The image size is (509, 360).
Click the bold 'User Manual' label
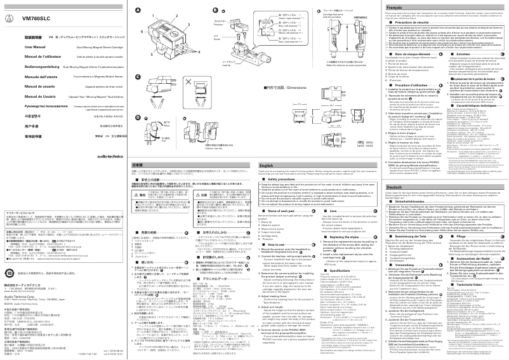(20, 47)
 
